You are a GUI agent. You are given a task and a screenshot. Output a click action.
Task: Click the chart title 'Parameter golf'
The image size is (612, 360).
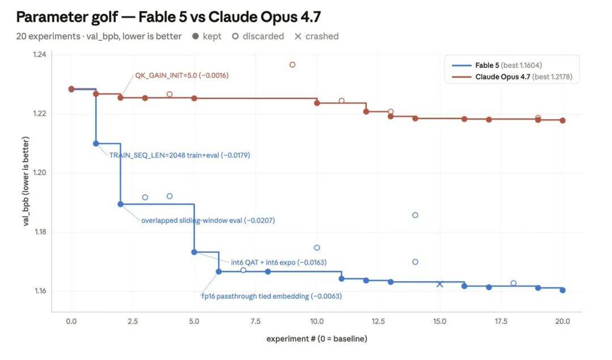[x=67, y=17]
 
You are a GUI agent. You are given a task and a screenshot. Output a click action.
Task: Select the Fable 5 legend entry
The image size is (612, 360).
[x=496, y=65]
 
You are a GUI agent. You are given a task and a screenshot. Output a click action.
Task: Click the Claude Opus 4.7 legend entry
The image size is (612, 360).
[x=512, y=77]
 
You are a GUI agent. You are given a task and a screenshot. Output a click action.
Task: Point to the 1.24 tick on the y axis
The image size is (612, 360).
[x=40, y=54]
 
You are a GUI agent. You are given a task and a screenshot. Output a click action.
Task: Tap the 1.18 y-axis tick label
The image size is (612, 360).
[x=40, y=231]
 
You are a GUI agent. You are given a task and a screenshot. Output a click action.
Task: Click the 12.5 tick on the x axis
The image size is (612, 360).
[x=378, y=321]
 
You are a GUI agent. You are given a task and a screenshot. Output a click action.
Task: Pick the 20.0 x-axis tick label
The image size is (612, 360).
[x=562, y=321]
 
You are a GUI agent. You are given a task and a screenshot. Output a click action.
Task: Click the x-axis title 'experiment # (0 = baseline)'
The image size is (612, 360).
[x=317, y=338]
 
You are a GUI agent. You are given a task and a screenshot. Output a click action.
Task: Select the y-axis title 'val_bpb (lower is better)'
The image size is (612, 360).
[x=25, y=181]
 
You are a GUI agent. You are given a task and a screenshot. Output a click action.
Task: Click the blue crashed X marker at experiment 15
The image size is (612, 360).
[x=440, y=284]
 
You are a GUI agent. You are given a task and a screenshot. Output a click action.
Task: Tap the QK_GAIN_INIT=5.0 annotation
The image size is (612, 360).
[x=181, y=75]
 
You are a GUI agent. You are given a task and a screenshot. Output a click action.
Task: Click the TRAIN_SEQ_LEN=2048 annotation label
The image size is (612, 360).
[x=180, y=155]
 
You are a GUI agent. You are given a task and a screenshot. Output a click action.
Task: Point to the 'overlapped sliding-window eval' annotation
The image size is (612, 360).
[x=207, y=220]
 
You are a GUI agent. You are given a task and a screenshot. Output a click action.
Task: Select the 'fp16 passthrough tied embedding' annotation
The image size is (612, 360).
[x=271, y=296]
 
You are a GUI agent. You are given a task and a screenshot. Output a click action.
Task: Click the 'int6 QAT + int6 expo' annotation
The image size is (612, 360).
[x=279, y=262]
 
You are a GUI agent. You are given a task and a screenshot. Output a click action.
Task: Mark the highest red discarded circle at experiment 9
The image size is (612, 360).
[x=292, y=65]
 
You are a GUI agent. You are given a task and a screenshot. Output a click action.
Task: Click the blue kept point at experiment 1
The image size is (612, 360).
[x=96, y=143]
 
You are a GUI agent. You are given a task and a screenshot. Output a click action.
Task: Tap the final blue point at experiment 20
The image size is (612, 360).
[x=563, y=290]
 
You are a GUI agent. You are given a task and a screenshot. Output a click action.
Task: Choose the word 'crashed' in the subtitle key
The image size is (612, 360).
[x=322, y=36]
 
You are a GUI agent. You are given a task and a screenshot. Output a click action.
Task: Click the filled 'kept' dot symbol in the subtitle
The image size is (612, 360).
[x=195, y=36]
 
